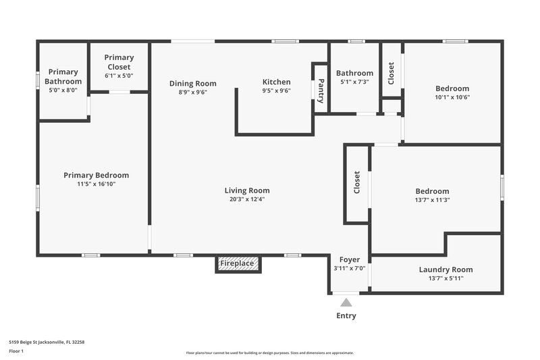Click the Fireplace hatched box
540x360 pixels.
tap(238, 263)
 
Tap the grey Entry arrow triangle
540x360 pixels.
tap(346, 303)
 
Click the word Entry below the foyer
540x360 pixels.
tap(346, 315)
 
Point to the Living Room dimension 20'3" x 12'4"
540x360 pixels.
tap(247, 199)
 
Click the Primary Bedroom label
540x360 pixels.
tap(96, 175)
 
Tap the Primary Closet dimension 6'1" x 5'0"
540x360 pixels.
tap(119, 76)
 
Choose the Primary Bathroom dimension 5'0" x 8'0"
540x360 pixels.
tap(63, 90)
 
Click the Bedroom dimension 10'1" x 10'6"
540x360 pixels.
tap(452, 97)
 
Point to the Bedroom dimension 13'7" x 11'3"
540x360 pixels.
tap(432, 199)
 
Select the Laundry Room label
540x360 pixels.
tap(446, 269)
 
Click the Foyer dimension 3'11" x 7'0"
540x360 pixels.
tap(350, 268)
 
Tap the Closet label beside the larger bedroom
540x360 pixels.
tap(357, 182)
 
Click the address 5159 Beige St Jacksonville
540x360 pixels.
tap(47, 342)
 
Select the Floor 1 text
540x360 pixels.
tap(16, 351)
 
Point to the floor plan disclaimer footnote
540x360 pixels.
tap(269, 353)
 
